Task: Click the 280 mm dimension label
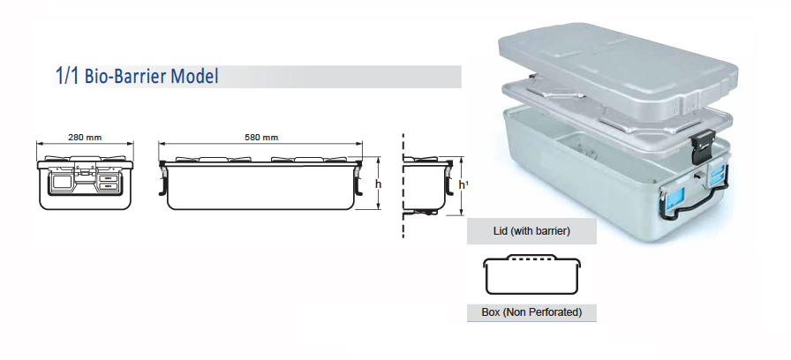pyautogui.click(x=83, y=137)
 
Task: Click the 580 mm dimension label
pyautogui.click(x=260, y=137)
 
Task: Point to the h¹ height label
pyautogui.click(x=463, y=185)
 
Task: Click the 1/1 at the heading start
pyautogui.click(x=66, y=77)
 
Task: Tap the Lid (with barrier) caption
pyautogui.click(x=531, y=231)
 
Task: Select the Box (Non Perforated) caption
pyautogui.click(x=531, y=312)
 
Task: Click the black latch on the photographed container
pyautogui.click(x=704, y=145)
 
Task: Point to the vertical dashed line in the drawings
pyautogui.click(x=403, y=185)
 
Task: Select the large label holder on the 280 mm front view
pyautogui.click(x=64, y=183)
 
